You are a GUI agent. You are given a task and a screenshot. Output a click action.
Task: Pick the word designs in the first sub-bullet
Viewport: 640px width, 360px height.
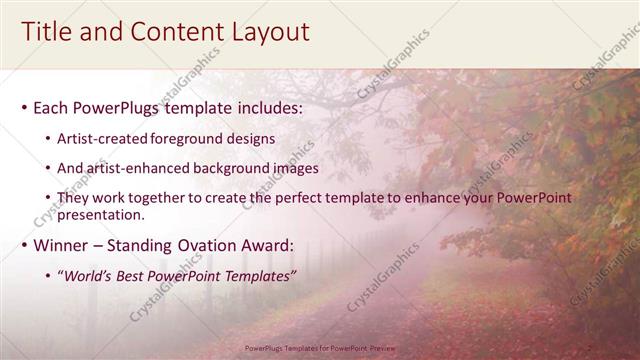(254, 138)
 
